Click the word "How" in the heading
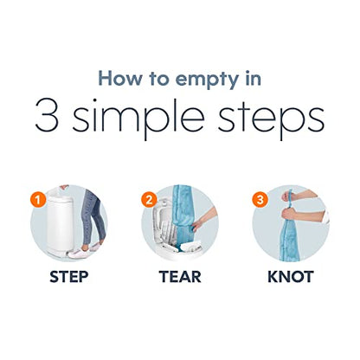click(119, 78)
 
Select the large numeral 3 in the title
click(47, 115)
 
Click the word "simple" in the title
click(138, 119)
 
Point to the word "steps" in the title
click(271, 119)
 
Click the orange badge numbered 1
click(38, 200)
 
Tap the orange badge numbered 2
click(149, 200)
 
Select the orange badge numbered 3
click(260, 200)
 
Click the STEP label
click(69, 277)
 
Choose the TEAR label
click(180, 277)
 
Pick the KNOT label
click(291, 277)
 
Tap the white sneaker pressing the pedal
click(80, 253)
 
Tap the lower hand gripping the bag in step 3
click(289, 214)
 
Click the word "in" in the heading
click(254, 78)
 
